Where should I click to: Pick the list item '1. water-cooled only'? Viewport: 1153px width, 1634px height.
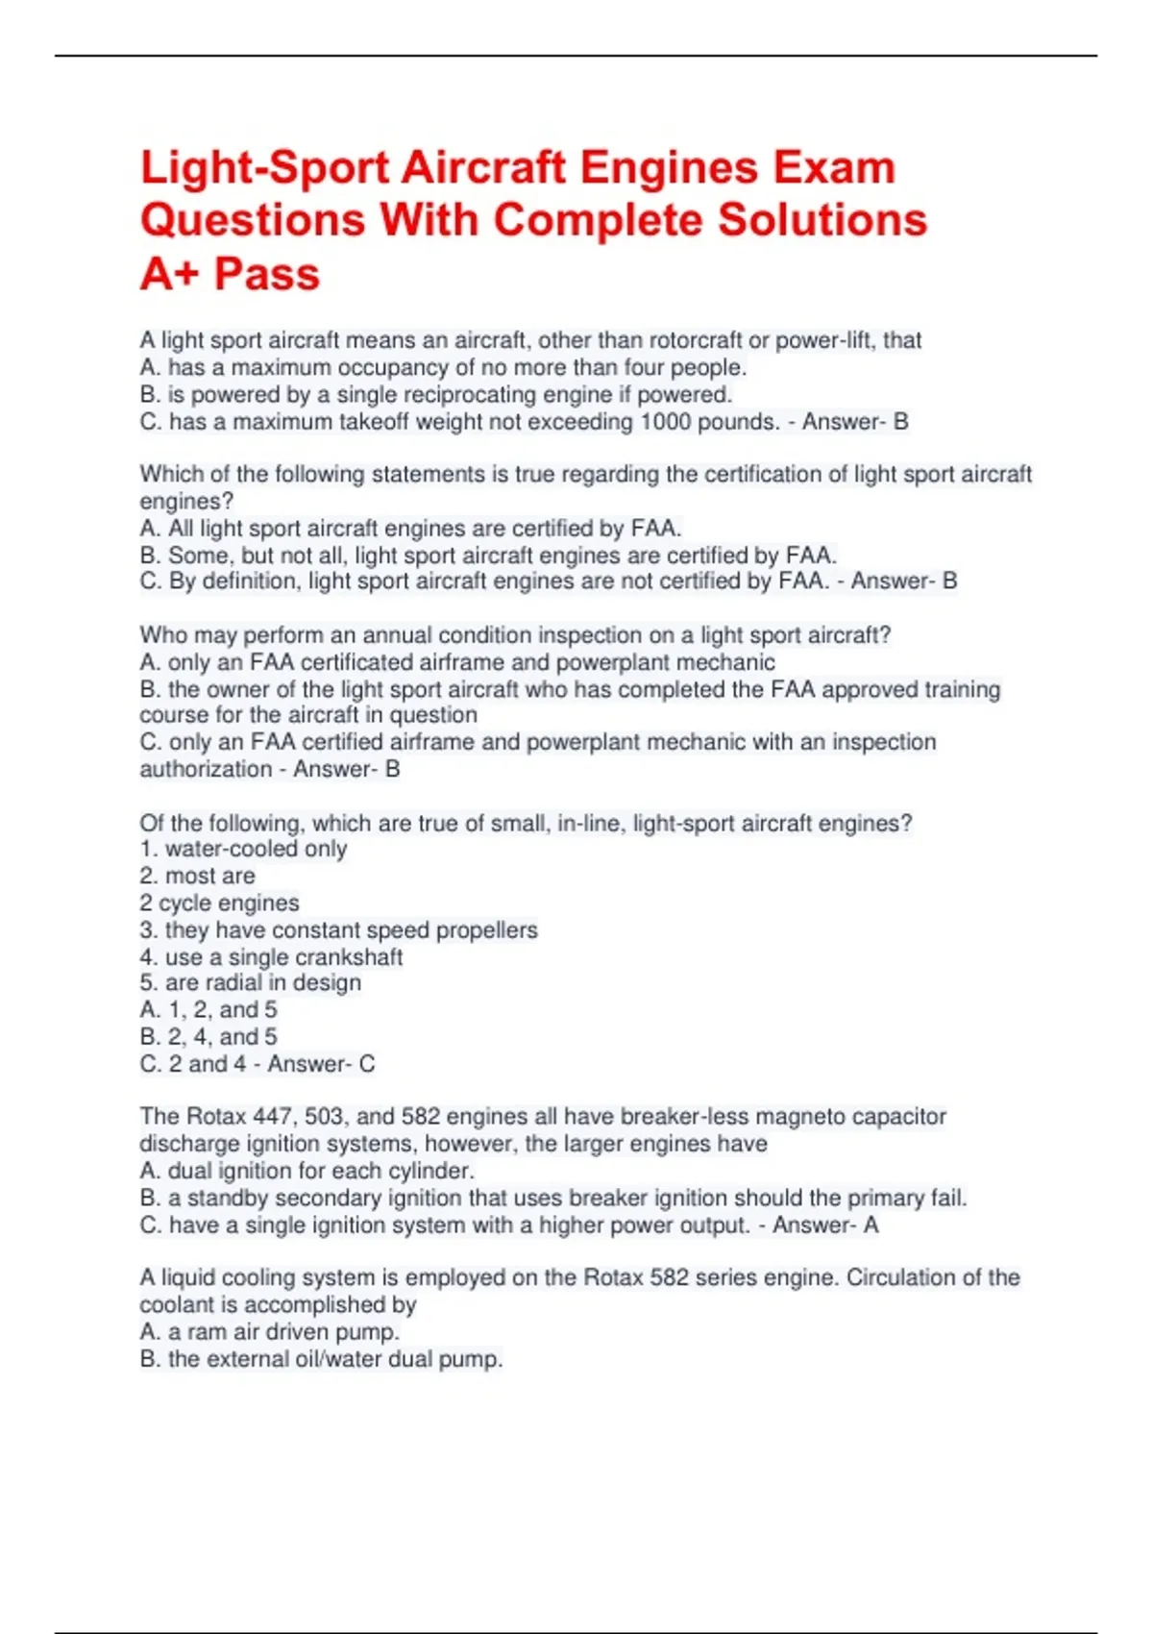[243, 850]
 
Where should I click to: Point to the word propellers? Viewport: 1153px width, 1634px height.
[486, 930]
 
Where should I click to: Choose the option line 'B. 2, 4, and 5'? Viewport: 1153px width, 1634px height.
[209, 1037]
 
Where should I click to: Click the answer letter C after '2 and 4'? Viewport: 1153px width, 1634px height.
[367, 1064]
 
